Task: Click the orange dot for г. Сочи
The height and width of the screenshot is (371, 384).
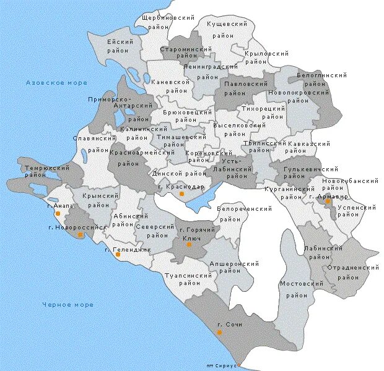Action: pos(219,332)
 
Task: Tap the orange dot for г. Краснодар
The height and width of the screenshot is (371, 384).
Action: pos(181,194)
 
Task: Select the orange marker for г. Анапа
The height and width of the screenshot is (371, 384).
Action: pos(58,213)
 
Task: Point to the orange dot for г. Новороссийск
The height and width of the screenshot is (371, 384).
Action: pos(80,235)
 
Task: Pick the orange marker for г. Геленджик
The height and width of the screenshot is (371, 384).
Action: pos(118,254)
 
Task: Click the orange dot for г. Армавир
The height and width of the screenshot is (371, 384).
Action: pos(328,202)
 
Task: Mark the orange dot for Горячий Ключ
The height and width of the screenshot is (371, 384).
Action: pos(190,244)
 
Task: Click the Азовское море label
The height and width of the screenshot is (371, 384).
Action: pos(56,83)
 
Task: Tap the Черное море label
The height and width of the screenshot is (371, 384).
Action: pos(68,305)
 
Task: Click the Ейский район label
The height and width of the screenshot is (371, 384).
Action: pos(121,46)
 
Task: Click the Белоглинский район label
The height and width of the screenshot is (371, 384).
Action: pos(321,79)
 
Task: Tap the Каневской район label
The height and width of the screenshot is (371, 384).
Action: pos(170,86)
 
